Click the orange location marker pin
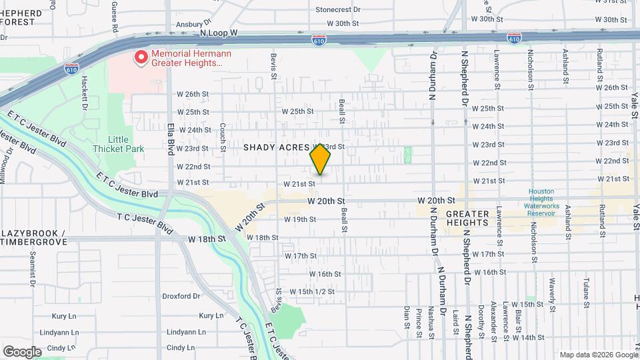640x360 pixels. [x=321, y=159]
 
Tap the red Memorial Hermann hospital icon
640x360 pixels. [x=141, y=58]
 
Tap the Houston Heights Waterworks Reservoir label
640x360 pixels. [x=541, y=202]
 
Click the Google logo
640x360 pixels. [x=22, y=351]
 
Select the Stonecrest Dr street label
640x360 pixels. [x=337, y=10]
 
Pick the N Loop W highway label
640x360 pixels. [x=219, y=33]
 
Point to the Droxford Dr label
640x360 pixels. [x=181, y=296]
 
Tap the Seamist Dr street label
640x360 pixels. [x=31, y=268]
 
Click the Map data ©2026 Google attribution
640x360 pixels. [x=598, y=355]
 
